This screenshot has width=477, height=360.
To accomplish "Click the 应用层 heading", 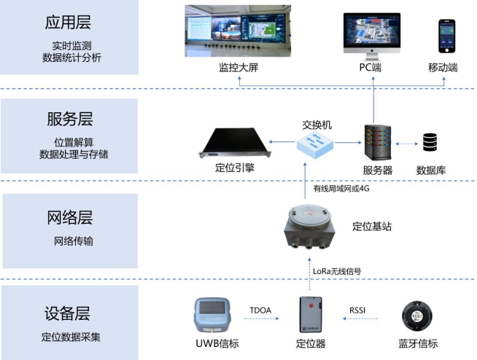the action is point(68,22).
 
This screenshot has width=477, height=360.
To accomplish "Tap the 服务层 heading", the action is point(70,119).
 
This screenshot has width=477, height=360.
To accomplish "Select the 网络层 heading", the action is point(70,217).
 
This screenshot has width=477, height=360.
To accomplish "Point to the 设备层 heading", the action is point(67,313).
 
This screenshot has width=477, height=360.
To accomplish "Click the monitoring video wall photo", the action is point(238,31).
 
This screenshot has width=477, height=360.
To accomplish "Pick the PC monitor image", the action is point(372,36).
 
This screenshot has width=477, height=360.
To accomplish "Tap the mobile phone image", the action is point(447,36).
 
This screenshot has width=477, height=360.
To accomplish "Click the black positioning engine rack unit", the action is point(235,143).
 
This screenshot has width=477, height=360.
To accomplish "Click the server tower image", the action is point(378,142).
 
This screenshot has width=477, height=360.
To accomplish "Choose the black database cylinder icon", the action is point(430,142).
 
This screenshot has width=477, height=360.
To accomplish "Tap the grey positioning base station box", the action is point(309,227).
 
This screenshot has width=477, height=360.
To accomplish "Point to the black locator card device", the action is point(311,315).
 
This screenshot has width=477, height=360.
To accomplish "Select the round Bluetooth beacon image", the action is point(416,316).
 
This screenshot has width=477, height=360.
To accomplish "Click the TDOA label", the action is point(260,310).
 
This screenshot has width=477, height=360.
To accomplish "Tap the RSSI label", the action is point(357,310).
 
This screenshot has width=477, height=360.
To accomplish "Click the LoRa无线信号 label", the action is point(337,271).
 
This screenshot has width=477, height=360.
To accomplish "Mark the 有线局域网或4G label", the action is point(341,189).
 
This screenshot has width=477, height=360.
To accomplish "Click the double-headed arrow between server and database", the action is point(407,144).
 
